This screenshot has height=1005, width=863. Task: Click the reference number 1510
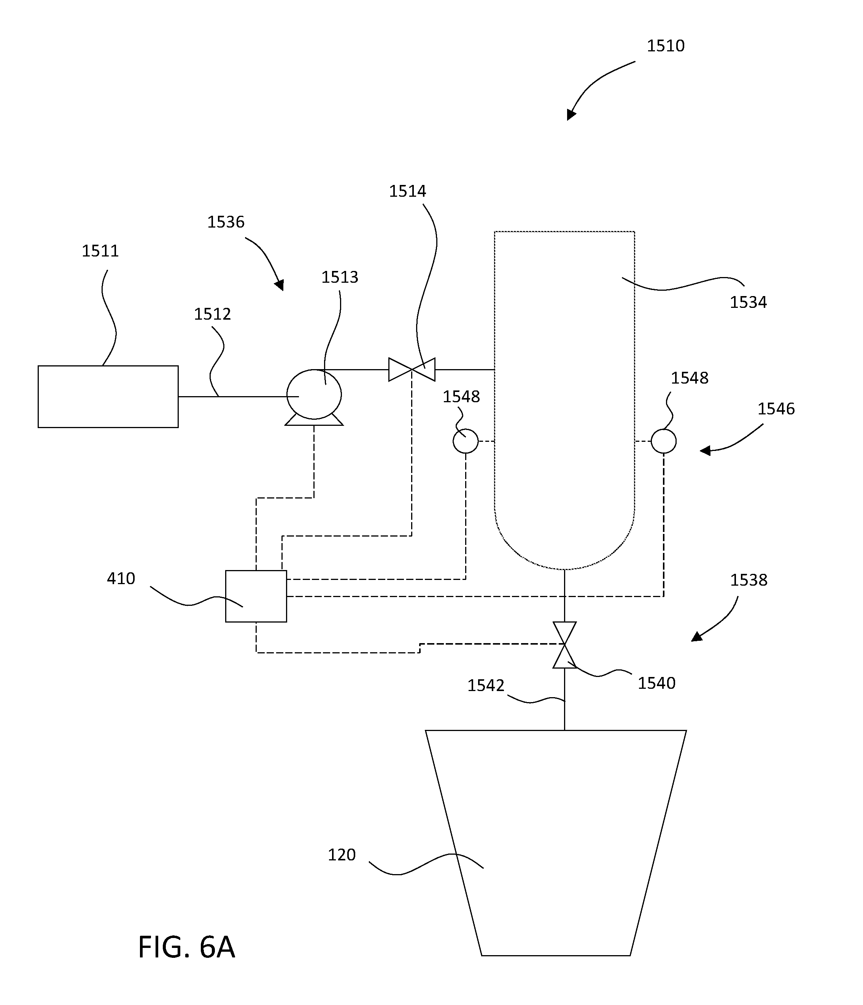coord(666,46)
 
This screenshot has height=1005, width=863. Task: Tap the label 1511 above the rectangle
coord(100,251)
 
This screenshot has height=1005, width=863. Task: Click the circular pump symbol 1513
coord(314,394)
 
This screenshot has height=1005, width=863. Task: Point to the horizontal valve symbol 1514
coord(412,370)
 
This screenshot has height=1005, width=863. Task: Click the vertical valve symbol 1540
coord(564,645)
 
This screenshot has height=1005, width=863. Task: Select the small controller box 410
coord(256,596)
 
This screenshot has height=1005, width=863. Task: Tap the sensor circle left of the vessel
coord(466,441)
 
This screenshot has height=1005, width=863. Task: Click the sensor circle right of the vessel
coord(663,441)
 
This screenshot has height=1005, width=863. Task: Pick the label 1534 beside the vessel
coord(748,303)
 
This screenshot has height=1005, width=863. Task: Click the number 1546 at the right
coord(776,409)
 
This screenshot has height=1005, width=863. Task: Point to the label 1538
coord(749,580)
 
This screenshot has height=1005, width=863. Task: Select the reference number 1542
coord(486,685)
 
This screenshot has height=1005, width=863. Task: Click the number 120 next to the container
coord(342,855)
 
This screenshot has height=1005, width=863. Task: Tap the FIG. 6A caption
coord(187,947)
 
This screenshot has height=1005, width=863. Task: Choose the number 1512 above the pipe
coord(212,314)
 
